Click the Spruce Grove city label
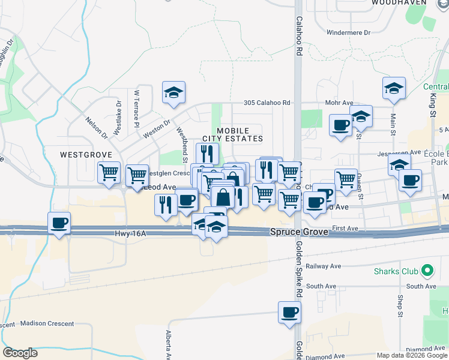click(x=299, y=232)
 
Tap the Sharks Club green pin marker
click(x=427, y=271)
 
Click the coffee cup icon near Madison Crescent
click(x=59, y=224)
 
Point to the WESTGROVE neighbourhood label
click(x=86, y=155)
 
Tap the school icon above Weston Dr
click(x=173, y=92)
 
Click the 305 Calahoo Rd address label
click(x=267, y=103)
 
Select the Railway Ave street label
click(x=323, y=266)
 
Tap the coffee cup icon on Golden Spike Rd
click(x=289, y=313)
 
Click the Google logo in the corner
click(x=20, y=353)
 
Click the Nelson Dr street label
click(x=95, y=127)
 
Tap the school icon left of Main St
click(x=394, y=88)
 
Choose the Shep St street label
click(x=400, y=306)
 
